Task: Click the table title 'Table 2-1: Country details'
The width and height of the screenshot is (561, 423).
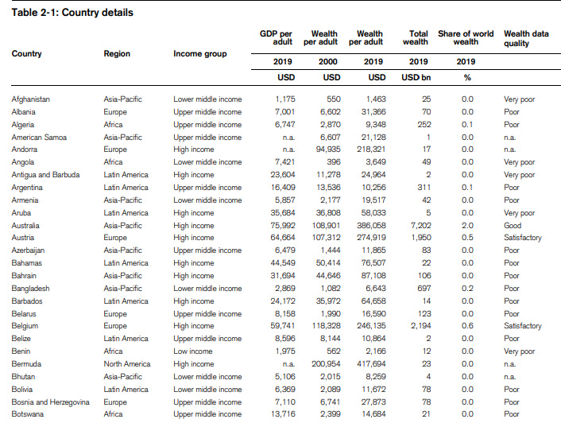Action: click(72, 13)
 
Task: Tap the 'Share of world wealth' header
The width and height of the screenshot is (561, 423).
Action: click(466, 39)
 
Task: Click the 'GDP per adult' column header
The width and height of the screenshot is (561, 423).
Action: click(278, 39)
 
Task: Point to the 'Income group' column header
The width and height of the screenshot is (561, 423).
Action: click(199, 54)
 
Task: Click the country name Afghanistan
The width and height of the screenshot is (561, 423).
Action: click(31, 99)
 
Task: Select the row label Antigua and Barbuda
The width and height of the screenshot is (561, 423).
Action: click(45, 175)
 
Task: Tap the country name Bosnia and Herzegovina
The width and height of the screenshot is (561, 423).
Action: click(51, 402)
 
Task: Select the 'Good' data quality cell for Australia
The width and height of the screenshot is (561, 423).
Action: click(513, 225)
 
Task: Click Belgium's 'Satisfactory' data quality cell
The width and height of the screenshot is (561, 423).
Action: click(523, 326)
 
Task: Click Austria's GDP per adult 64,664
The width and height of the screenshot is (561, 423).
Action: click(280, 238)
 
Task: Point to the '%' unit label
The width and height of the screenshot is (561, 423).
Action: click(466, 77)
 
